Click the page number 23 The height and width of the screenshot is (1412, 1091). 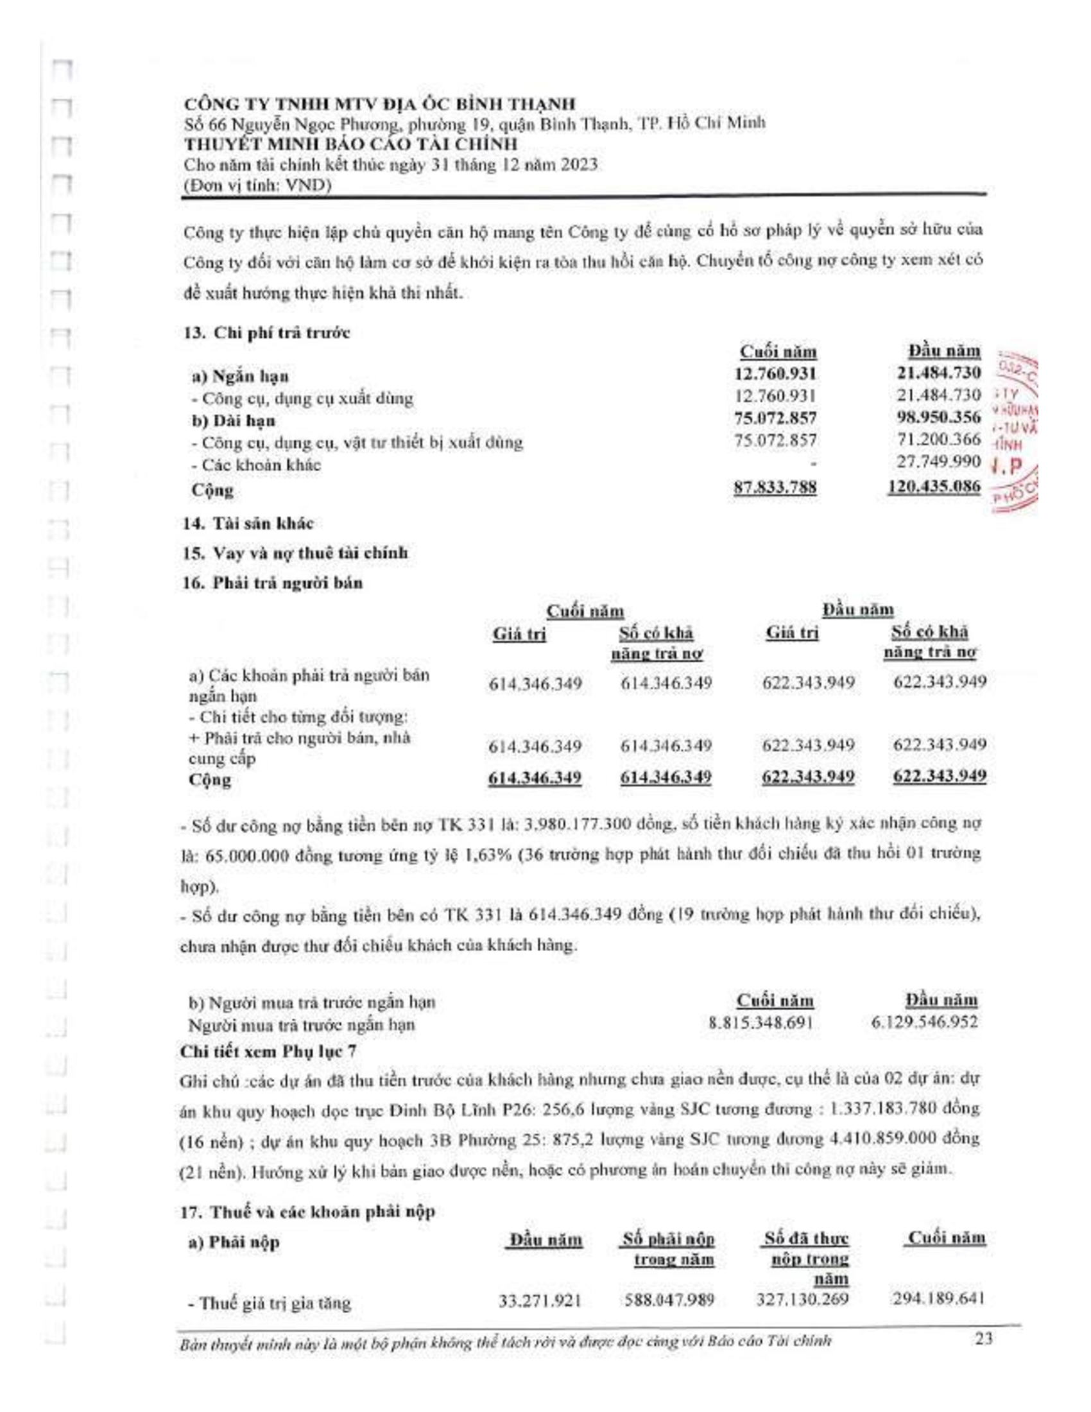983,1339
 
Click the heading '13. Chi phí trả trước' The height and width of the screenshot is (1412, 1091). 266,333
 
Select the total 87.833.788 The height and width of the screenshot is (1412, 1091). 775,487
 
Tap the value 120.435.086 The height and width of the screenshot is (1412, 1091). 934,486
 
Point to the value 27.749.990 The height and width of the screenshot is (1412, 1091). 938,461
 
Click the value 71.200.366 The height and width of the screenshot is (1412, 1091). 938,439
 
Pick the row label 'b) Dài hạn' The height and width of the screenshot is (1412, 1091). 234,421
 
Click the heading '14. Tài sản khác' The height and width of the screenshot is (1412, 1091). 248,523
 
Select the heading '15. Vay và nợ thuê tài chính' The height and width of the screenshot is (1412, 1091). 295,553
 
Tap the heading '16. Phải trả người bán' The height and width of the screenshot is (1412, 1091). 273,583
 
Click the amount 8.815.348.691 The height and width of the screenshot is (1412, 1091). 760,1023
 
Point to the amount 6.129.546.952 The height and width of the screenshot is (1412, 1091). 924,1022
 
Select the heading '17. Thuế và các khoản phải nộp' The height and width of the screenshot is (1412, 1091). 308,1212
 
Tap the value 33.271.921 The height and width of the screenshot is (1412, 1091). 540,1300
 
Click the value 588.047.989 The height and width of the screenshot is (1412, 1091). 669,1300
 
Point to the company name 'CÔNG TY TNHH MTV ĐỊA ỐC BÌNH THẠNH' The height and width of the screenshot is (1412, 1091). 379,104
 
